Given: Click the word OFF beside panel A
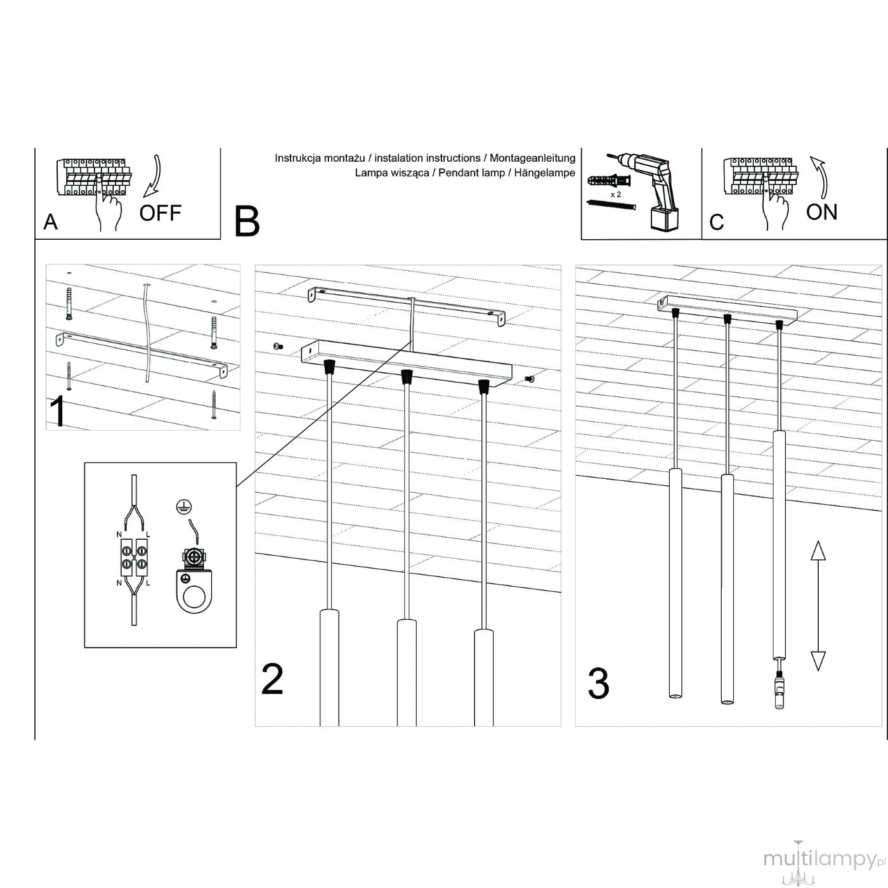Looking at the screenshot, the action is (x=160, y=213).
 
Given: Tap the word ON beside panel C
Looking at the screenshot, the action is (x=821, y=212).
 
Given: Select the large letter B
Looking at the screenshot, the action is (x=247, y=221).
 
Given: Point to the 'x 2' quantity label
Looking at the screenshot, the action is (x=616, y=195).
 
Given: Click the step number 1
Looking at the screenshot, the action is (x=58, y=412).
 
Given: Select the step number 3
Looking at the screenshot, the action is (x=599, y=683).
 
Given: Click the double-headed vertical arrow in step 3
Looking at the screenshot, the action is (x=818, y=606).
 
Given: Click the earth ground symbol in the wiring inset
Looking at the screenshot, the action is (x=183, y=506).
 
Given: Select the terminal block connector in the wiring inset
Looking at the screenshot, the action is (x=134, y=557).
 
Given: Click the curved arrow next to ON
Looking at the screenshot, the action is (x=819, y=177).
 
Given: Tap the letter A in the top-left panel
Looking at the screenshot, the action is (x=51, y=222).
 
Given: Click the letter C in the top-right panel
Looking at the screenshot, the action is (x=717, y=222).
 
